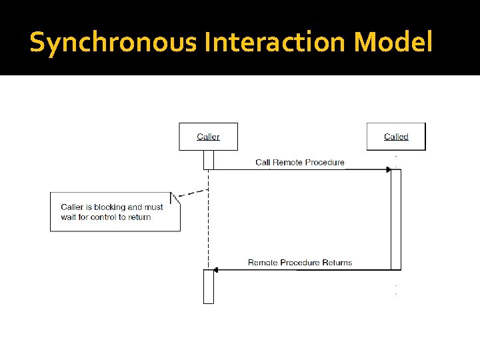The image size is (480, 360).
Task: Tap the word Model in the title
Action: click(x=393, y=43)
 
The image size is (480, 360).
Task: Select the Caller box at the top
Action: click(x=208, y=137)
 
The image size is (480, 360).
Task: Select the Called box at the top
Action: click(x=396, y=137)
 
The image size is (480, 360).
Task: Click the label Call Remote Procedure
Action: click(x=300, y=162)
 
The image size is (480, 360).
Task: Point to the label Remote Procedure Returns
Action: click(x=300, y=263)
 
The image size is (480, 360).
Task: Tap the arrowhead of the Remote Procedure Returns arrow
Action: click(x=216, y=270)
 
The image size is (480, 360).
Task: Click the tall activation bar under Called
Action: click(x=396, y=219)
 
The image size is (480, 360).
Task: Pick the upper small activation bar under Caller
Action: click(x=209, y=159)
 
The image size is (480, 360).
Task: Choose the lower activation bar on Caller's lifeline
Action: click(x=209, y=287)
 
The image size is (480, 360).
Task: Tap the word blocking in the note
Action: click(x=113, y=207)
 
